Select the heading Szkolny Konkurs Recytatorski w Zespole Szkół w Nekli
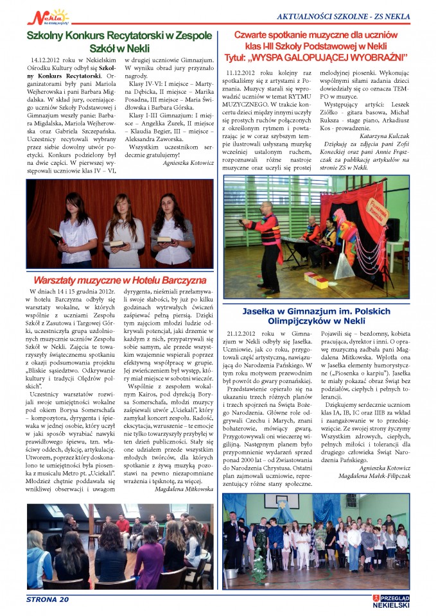click(x=110, y=42)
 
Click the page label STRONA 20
click(x=47, y=599)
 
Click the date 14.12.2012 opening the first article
click(x=47, y=59)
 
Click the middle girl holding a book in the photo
click(x=123, y=230)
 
